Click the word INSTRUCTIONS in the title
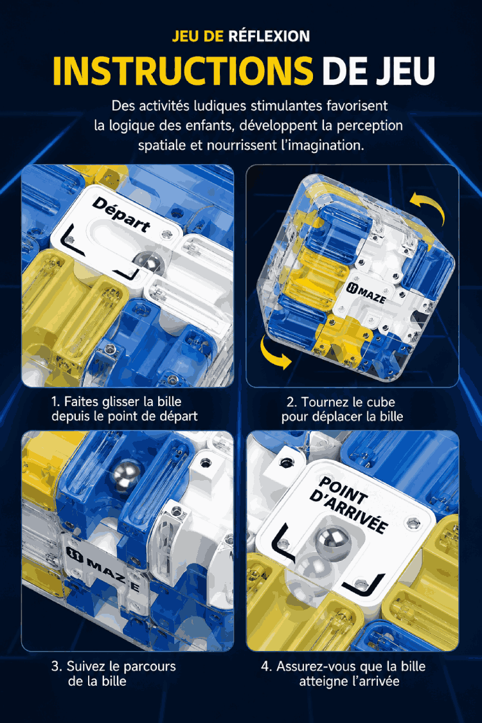(x=183, y=71)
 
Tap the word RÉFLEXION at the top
(x=269, y=36)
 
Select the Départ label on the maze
(x=121, y=215)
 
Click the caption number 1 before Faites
(x=55, y=402)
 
